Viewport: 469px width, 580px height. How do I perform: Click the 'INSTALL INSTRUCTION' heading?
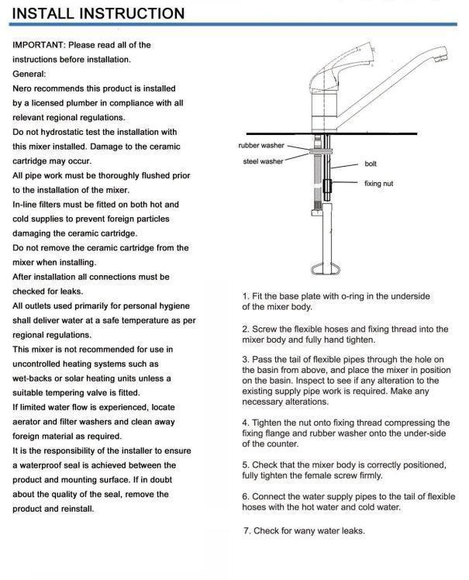(98, 14)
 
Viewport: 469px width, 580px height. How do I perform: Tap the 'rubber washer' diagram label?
(260, 145)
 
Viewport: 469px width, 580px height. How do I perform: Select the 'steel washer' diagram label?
(263, 161)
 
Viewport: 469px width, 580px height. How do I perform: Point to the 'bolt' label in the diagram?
(371, 164)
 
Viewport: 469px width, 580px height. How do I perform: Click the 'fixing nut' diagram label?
(379, 184)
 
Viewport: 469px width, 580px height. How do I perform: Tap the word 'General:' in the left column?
(29, 74)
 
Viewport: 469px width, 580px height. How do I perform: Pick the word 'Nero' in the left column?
(23, 88)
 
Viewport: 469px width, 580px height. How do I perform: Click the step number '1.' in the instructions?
(246, 296)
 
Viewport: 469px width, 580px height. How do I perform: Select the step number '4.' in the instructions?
(246, 423)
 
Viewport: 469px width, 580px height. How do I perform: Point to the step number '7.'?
(247, 531)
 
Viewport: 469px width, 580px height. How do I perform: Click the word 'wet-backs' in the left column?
(33, 378)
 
